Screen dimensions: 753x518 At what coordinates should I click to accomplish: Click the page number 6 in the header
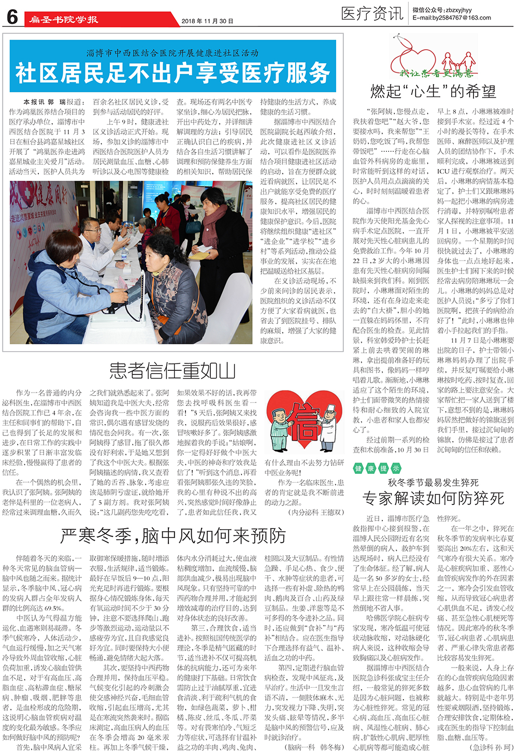point(12,17)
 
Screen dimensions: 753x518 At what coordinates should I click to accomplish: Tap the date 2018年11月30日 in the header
point(207,21)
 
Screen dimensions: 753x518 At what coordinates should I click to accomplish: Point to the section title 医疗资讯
point(371,13)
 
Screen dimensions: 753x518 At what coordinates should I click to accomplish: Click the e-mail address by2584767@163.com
point(452,18)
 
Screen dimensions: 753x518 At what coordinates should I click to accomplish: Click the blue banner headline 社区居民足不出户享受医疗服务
point(172,73)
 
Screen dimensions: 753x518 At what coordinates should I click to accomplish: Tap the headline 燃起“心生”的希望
point(433,92)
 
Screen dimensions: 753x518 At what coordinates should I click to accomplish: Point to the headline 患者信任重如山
point(172,371)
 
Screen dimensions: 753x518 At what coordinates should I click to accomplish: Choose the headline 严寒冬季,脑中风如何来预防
point(173,535)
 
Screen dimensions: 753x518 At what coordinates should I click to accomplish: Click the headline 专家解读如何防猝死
point(433,498)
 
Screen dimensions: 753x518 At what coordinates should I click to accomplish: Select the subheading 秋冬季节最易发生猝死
point(433,483)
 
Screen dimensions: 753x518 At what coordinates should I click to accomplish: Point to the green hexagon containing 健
point(358,468)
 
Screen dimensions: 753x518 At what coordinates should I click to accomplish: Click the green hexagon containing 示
point(395,468)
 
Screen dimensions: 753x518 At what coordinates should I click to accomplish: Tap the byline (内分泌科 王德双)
point(316,512)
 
